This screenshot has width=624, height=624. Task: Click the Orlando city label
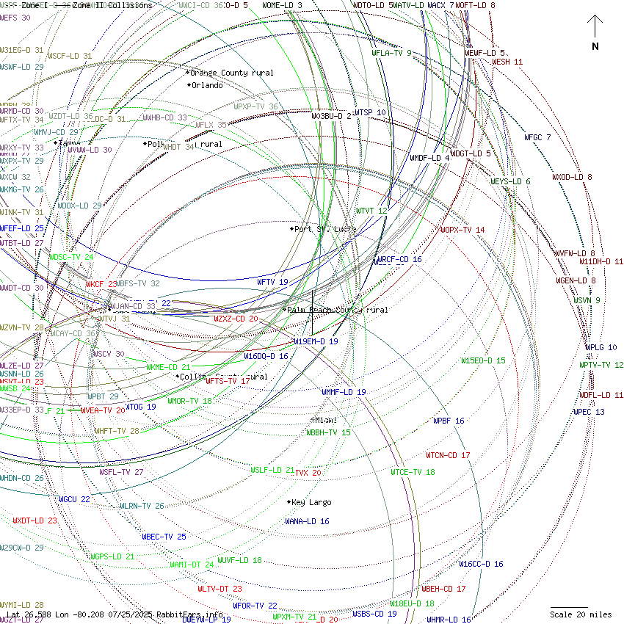coord(206,85)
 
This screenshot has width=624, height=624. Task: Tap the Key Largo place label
coord(311,502)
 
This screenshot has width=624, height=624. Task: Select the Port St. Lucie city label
coord(324,229)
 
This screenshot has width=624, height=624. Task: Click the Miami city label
coord(325,420)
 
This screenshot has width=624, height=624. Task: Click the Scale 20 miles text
coord(581,614)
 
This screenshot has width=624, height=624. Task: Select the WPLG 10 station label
coord(601,347)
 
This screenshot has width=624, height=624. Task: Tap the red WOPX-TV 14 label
coord(462,230)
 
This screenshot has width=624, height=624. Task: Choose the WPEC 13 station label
coord(589,412)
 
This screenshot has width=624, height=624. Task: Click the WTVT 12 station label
coord(371,211)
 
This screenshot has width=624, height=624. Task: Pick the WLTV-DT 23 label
coord(220,589)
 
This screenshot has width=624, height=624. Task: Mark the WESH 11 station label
coord(507,62)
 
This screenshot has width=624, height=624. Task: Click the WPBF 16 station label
coord(448,421)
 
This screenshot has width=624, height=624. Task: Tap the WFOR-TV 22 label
coord(255,606)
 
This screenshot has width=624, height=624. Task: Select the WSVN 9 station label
coord(587,300)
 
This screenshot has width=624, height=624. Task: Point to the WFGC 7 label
coord(537,137)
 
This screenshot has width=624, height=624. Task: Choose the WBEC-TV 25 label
coord(164,537)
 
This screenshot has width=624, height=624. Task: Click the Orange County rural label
coord(232,73)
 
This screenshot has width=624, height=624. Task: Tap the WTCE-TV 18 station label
coord(413,472)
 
